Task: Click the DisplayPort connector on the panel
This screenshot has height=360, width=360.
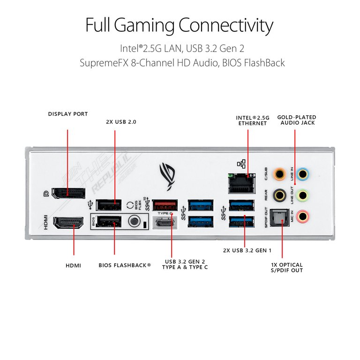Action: click(68, 193)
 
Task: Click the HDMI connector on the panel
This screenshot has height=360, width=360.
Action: click(68, 222)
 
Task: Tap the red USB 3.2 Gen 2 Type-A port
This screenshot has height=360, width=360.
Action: click(164, 205)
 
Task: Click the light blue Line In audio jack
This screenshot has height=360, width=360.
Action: click(303, 174)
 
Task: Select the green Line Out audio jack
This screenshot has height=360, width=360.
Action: click(303, 195)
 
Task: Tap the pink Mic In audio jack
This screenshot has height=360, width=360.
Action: click(303, 216)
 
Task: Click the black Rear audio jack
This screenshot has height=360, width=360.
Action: click(280, 195)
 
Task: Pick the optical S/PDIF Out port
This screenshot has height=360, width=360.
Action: click(280, 217)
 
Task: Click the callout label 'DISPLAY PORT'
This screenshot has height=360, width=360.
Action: click(68, 114)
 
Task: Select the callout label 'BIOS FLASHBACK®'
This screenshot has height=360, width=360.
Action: click(125, 265)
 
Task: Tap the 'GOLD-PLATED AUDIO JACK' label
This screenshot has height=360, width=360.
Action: click(296, 120)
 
